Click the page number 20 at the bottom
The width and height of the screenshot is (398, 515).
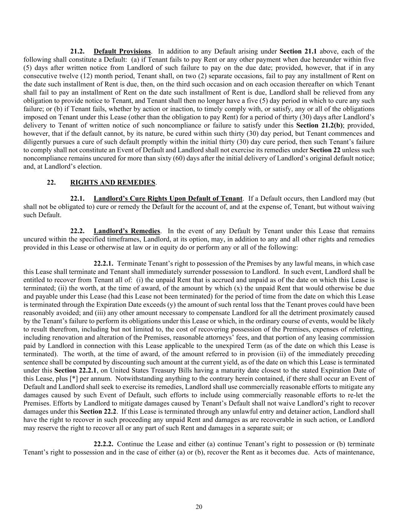(199, 507)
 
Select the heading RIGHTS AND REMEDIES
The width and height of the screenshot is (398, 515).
(112, 183)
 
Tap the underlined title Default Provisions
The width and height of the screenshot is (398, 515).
(122, 51)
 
